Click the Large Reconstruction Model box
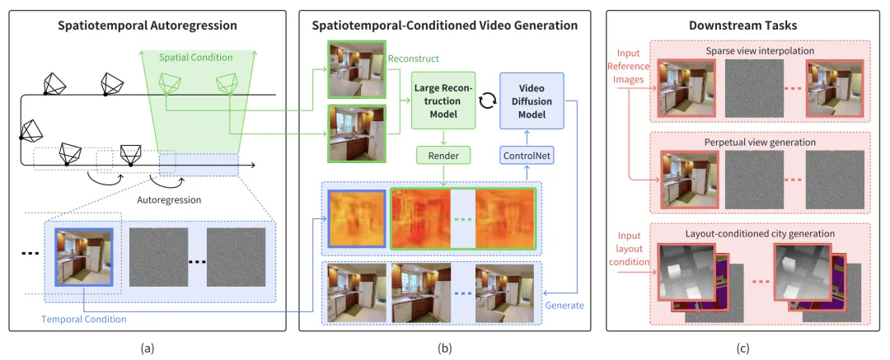click(x=443, y=101)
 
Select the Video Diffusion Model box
click(x=532, y=101)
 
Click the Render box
click(x=443, y=153)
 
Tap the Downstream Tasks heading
click(x=742, y=26)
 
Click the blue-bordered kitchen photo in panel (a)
click(x=82, y=255)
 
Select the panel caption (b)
click(x=444, y=348)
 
